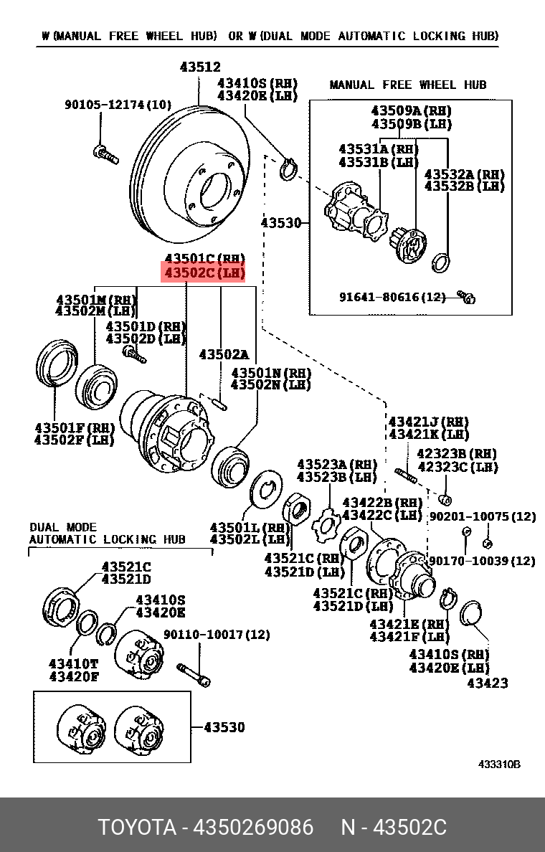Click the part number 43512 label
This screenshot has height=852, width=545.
point(200,67)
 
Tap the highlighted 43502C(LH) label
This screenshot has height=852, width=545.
point(204,273)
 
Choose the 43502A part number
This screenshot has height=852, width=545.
point(223,354)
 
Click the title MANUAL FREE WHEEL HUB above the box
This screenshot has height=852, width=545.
point(407,85)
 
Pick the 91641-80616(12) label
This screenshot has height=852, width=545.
point(392,296)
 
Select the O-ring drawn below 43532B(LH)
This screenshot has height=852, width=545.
point(442,262)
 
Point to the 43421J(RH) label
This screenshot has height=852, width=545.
point(428,422)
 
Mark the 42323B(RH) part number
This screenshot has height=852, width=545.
point(457,454)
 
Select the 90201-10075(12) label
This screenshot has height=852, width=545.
point(482,516)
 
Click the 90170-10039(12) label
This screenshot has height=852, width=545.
point(482,561)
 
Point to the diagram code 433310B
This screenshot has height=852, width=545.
point(499,765)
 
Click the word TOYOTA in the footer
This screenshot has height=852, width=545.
point(137,827)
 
